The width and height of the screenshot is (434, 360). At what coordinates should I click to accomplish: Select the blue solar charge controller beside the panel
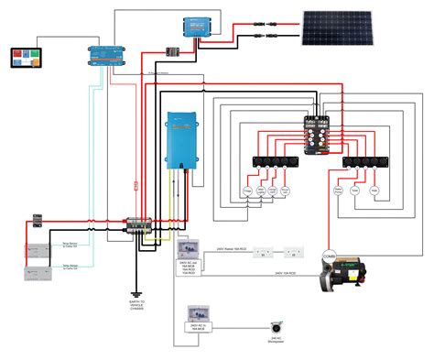[194, 28]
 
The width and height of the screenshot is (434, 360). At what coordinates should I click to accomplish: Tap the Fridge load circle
[247, 191]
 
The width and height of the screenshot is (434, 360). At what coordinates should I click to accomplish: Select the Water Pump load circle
[338, 191]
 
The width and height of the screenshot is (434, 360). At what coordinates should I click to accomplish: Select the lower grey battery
[40, 274]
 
